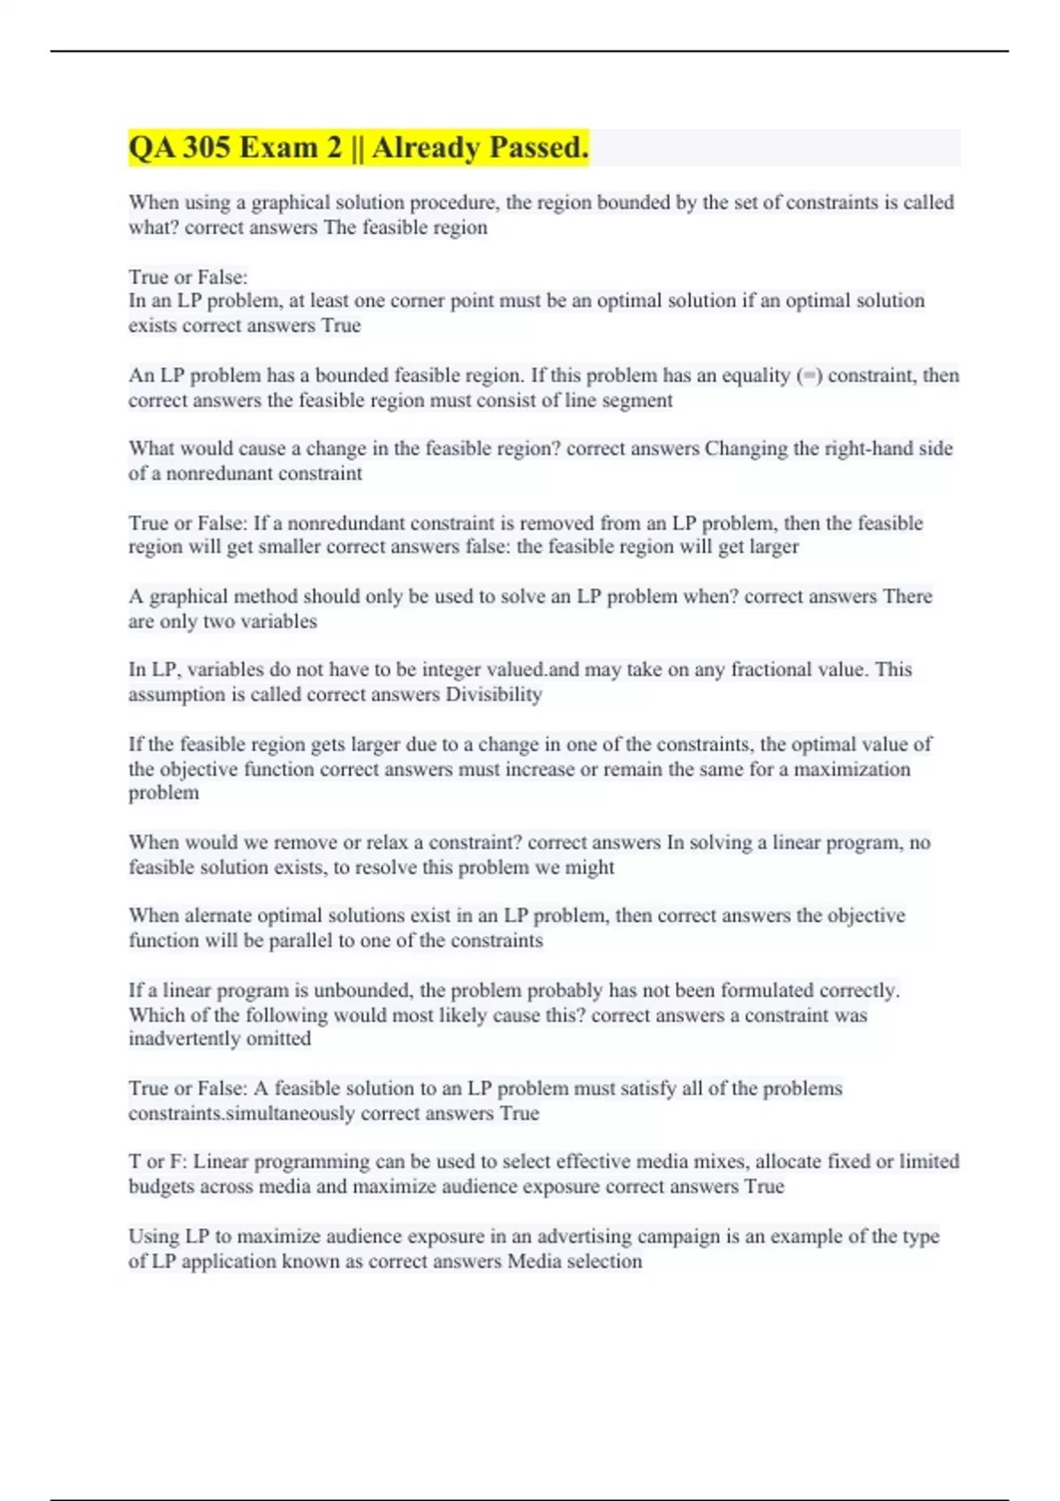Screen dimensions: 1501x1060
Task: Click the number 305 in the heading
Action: [206, 147]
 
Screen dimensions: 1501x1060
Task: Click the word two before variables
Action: [217, 621]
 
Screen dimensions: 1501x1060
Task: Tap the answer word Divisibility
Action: [493, 694]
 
